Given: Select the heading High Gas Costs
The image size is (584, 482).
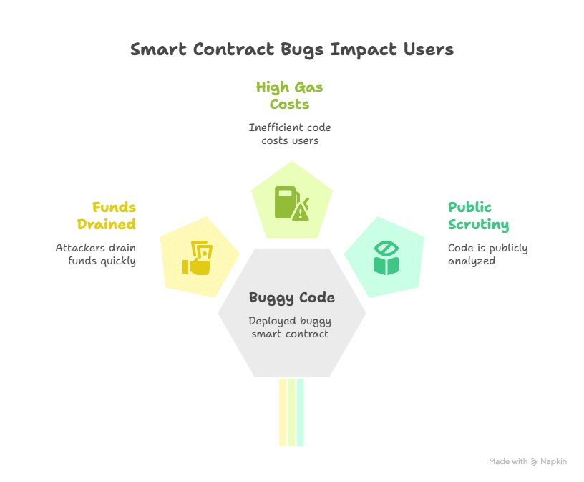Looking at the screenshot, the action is click(289, 95).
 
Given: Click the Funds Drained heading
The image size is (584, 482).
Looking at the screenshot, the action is click(107, 216).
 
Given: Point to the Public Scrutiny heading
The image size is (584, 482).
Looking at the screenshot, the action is click(479, 216).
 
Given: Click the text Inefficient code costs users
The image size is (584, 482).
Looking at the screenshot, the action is click(290, 134).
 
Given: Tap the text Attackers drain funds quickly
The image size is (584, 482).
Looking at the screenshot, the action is click(96, 254).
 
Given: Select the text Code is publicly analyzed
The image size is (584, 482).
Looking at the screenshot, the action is click(488, 254).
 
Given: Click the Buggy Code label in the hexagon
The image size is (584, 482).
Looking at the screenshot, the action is click(291, 298).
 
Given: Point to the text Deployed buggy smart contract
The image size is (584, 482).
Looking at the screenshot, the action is click(290, 327).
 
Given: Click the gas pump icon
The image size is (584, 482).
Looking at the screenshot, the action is click(292, 203).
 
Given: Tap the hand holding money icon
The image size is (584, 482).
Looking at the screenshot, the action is click(198, 258).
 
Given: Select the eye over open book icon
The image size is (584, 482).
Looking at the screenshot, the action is click(386, 258).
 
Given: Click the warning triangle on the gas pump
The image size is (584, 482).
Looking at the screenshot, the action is click(301, 213).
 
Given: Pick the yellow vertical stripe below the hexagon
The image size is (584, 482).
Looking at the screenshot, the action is click(283, 413).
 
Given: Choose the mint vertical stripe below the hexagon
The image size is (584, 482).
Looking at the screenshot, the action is click(300, 413).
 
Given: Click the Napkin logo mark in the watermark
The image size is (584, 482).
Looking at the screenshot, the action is click(534, 461).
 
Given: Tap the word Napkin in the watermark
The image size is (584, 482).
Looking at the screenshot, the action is click(553, 461).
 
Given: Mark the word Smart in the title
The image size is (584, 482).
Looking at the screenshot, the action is click(158, 50).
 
